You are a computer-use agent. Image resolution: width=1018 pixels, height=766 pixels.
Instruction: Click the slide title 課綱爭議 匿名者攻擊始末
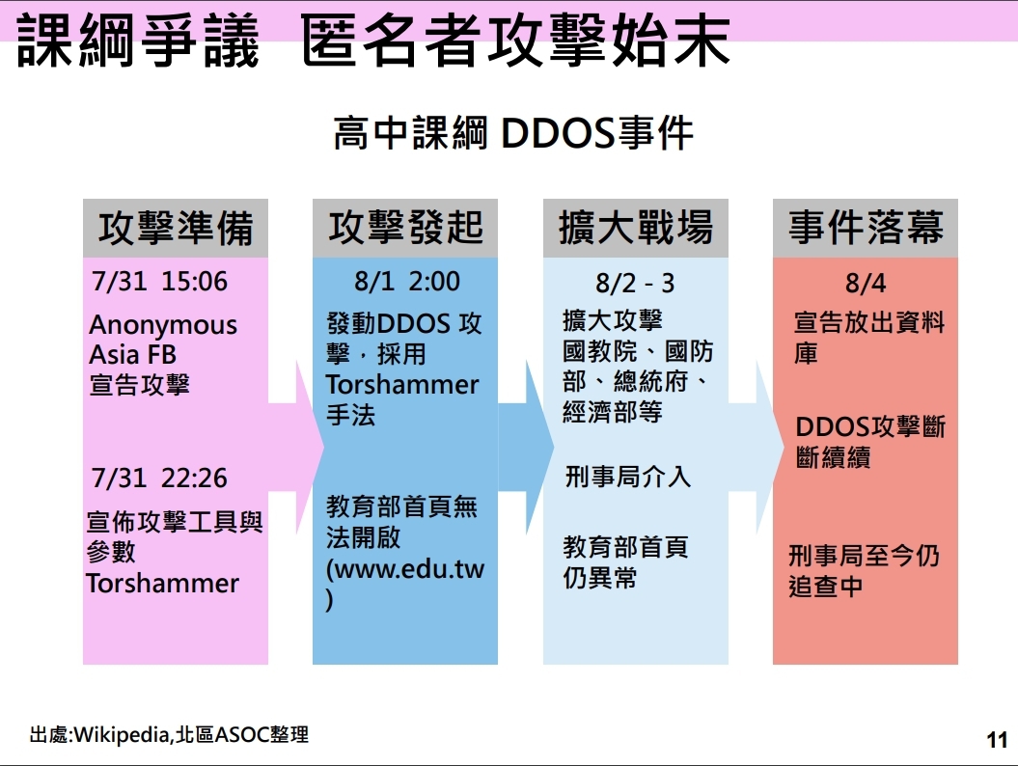click(x=373, y=41)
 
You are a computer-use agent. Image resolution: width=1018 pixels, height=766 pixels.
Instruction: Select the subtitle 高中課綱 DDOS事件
click(x=513, y=133)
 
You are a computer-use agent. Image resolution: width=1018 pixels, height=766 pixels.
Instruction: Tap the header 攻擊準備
click(x=176, y=228)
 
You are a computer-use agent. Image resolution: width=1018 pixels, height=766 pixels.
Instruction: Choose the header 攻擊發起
click(x=406, y=228)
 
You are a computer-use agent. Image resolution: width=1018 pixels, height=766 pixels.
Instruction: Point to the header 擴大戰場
click(x=636, y=228)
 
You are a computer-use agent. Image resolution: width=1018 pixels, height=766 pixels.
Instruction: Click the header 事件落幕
click(x=866, y=228)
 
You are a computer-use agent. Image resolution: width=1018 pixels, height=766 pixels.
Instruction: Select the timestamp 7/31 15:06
click(x=160, y=282)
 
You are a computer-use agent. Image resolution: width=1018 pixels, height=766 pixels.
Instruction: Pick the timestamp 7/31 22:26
click(x=160, y=479)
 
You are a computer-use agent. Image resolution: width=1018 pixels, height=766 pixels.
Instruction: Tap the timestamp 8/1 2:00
click(x=407, y=282)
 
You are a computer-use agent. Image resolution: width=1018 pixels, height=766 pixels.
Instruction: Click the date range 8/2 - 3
click(x=635, y=284)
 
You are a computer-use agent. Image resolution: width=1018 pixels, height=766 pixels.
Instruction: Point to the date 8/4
click(x=866, y=284)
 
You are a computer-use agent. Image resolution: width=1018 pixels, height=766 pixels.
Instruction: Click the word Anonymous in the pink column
click(x=163, y=325)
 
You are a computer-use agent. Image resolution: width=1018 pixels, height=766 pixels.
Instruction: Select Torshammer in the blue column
click(x=402, y=385)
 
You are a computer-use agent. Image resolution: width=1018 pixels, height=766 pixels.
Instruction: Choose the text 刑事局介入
click(x=628, y=478)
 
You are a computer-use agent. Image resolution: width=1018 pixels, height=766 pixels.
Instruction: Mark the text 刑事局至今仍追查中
click(x=865, y=571)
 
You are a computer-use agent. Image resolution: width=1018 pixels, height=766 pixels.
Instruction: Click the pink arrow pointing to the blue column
click(x=296, y=448)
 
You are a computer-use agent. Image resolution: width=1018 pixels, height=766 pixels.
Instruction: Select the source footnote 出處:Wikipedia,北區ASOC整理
click(x=169, y=735)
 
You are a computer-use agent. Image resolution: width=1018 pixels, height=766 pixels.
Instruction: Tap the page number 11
click(x=997, y=740)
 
